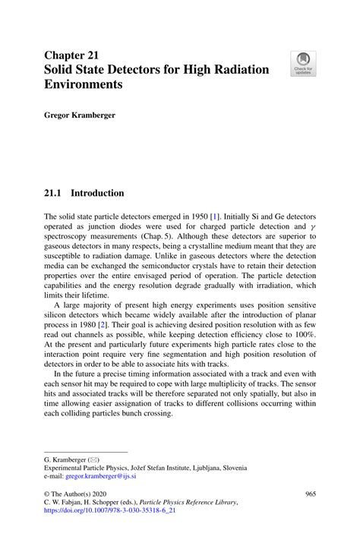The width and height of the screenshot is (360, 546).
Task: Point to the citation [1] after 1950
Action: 215,216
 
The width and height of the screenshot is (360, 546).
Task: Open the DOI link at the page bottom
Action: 109,511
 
